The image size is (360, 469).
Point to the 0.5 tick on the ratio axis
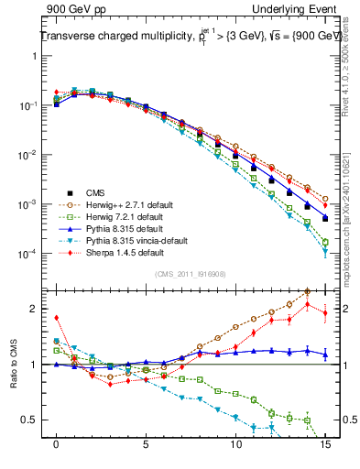point(38,420)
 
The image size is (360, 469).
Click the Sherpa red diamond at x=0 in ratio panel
point(57,318)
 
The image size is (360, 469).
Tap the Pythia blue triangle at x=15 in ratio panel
point(325,354)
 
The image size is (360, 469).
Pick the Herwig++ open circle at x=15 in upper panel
point(325,198)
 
